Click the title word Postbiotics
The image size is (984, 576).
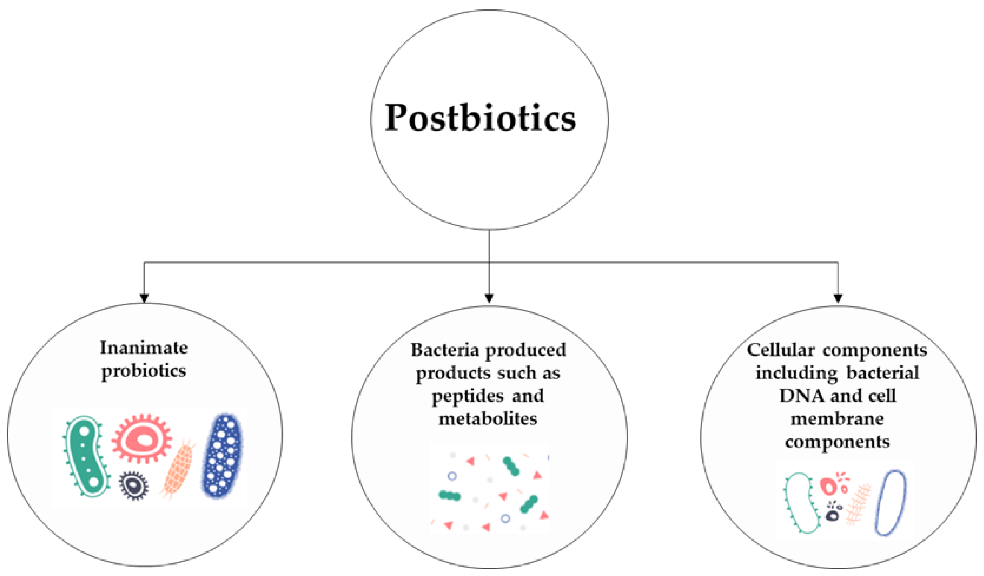[x=480, y=119]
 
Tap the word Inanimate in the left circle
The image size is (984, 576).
[x=144, y=348]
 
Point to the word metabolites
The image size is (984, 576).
[x=488, y=419]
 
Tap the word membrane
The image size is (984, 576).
[x=837, y=419]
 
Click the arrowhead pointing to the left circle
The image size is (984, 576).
[x=144, y=298]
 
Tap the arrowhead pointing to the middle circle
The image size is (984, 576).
[x=489, y=298]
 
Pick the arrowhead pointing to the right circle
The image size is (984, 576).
[x=838, y=298]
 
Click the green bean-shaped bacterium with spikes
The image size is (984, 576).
[x=87, y=456]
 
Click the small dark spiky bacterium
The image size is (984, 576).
[x=134, y=485]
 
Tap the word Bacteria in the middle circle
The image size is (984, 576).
[x=446, y=350]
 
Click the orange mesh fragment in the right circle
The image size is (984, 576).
[x=858, y=504]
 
